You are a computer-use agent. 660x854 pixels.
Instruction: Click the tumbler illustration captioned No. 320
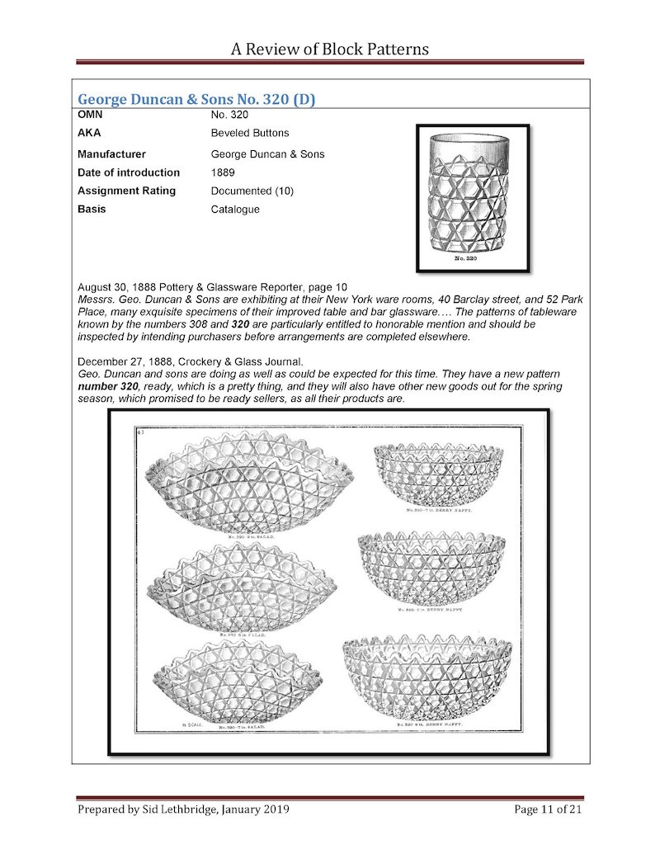pos(472,194)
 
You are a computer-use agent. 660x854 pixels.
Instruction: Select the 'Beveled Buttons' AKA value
pos(250,133)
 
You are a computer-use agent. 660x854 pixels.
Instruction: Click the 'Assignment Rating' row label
pos(126,191)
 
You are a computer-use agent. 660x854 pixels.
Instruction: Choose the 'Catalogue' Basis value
pos(235,209)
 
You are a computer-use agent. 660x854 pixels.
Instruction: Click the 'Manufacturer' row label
pos(111,154)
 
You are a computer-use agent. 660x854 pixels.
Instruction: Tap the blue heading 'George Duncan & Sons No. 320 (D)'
pos(196,100)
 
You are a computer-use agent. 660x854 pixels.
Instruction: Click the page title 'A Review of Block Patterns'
pos(330,49)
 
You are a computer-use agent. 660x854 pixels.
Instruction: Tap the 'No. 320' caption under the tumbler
pos(472,259)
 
